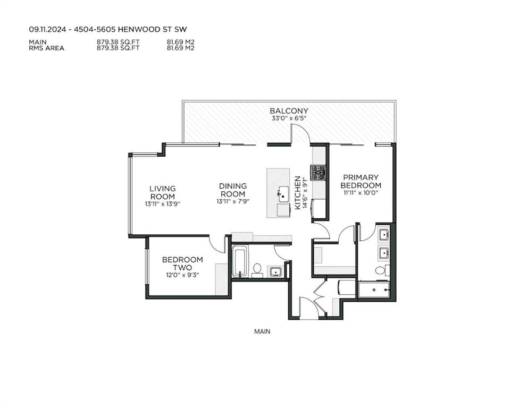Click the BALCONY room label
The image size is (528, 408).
[x=289, y=110]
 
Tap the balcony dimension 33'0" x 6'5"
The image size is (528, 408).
[x=289, y=118]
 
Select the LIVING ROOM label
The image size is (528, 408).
[x=163, y=192]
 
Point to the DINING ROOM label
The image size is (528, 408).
[x=233, y=190]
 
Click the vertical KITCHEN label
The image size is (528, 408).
[x=298, y=193]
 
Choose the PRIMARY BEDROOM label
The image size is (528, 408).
[x=361, y=181]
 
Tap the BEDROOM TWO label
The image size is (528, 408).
[x=182, y=263]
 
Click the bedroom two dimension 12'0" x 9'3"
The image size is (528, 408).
[x=182, y=275]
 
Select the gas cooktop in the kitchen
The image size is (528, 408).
[x=318, y=173]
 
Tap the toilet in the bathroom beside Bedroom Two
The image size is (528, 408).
[x=257, y=270]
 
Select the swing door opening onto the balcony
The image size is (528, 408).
[x=300, y=133]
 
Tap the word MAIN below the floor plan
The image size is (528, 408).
[x=262, y=331]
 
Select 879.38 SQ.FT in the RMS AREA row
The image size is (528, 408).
[x=118, y=48]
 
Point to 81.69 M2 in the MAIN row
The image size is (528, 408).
[x=181, y=42]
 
